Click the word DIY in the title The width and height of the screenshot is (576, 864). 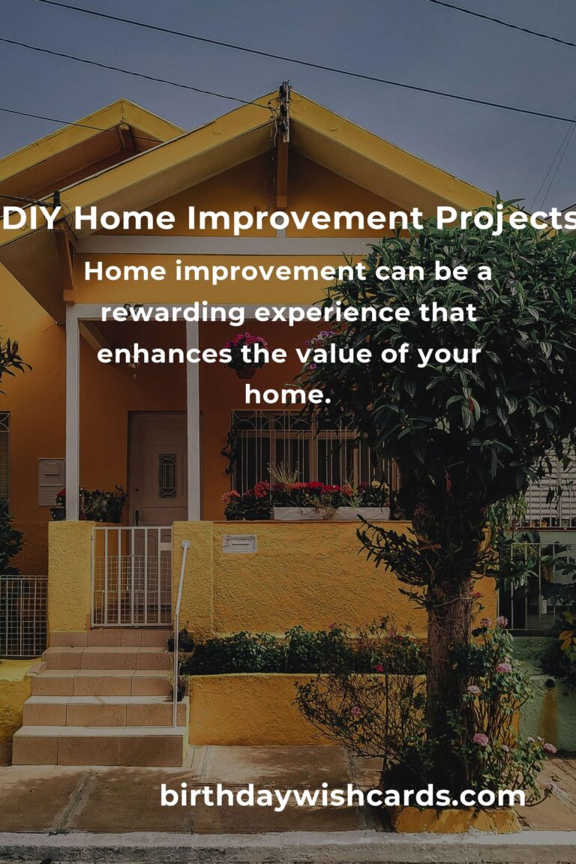31,218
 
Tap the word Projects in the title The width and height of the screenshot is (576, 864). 505,220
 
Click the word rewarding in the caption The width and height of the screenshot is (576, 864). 173,313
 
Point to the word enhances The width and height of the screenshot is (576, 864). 164,354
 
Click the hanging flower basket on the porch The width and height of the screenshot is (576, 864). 245,355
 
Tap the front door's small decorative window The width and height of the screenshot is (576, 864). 167,475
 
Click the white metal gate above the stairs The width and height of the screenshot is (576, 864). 132,576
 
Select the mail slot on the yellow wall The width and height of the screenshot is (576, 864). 239,544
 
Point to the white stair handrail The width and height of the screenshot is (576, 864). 179,634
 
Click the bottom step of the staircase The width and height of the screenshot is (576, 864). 99,746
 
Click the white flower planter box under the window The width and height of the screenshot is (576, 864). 331,514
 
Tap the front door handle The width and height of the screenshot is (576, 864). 137,516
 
